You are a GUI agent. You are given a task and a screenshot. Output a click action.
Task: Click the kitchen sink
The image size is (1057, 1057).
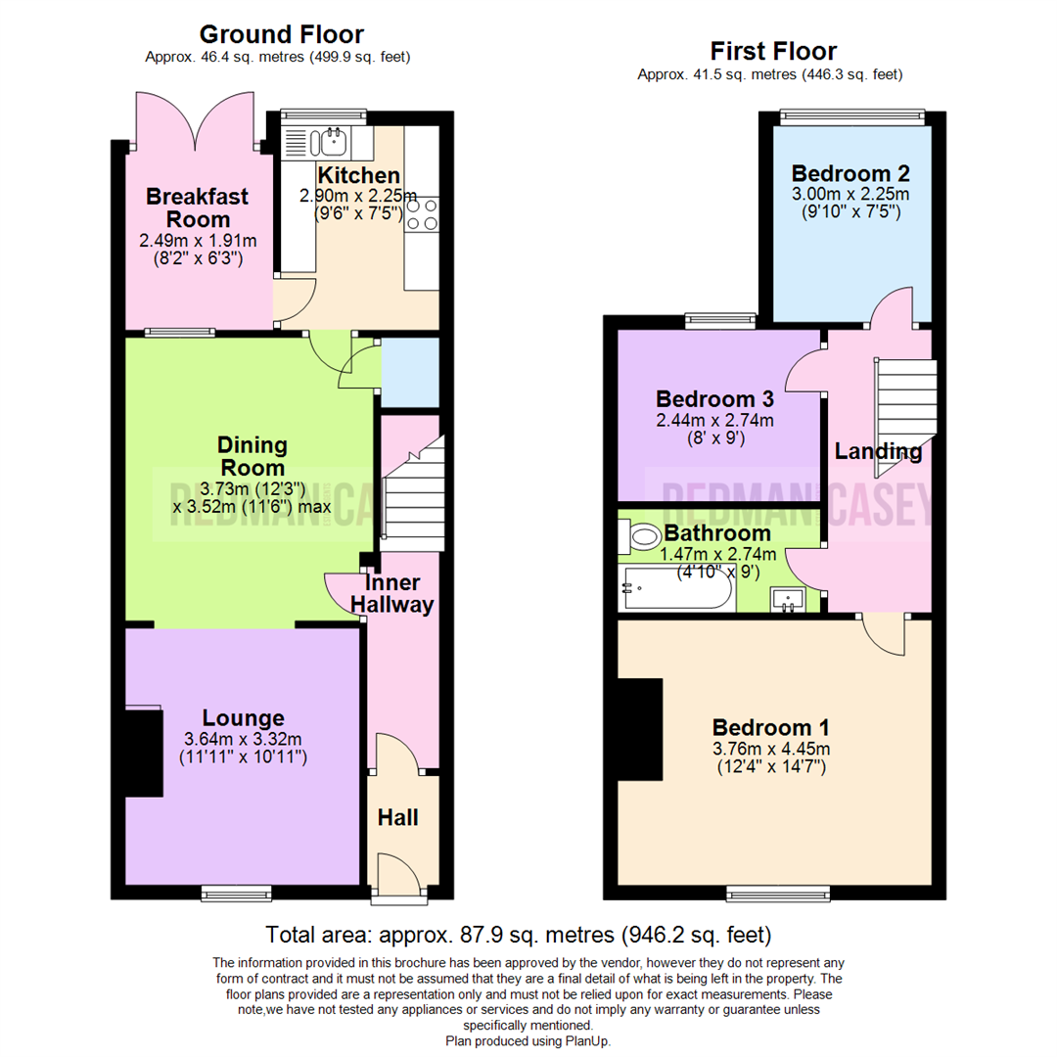pyautogui.click(x=327, y=144)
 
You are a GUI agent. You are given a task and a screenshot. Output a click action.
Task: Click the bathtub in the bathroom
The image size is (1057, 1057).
pyautogui.click(x=674, y=590)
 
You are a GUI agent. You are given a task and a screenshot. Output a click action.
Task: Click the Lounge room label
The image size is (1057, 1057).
pyautogui.click(x=244, y=718)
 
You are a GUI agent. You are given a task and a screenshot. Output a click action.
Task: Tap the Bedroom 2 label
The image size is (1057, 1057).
pyautogui.click(x=850, y=174)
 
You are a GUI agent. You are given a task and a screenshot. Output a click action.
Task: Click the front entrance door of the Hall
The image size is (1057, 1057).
pyautogui.click(x=398, y=877)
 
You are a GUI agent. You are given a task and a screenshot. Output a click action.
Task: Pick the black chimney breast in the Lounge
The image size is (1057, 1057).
pyautogui.click(x=144, y=752)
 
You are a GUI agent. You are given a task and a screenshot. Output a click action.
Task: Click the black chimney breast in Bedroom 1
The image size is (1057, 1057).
pyautogui.click(x=641, y=729)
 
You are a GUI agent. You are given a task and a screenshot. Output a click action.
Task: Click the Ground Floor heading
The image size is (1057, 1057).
pyautogui.click(x=282, y=35)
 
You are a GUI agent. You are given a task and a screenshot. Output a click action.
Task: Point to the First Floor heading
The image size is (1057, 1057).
pyautogui.click(x=773, y=51)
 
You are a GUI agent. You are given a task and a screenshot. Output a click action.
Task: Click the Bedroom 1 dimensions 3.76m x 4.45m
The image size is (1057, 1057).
pyautogui.click(x=771, y=749)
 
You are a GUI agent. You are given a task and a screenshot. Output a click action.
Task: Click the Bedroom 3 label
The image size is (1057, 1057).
pyautogui.click(x=714, y=399)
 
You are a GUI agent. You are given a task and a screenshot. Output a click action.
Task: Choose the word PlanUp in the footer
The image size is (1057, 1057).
pyautogui.click(x=588, y=1041)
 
